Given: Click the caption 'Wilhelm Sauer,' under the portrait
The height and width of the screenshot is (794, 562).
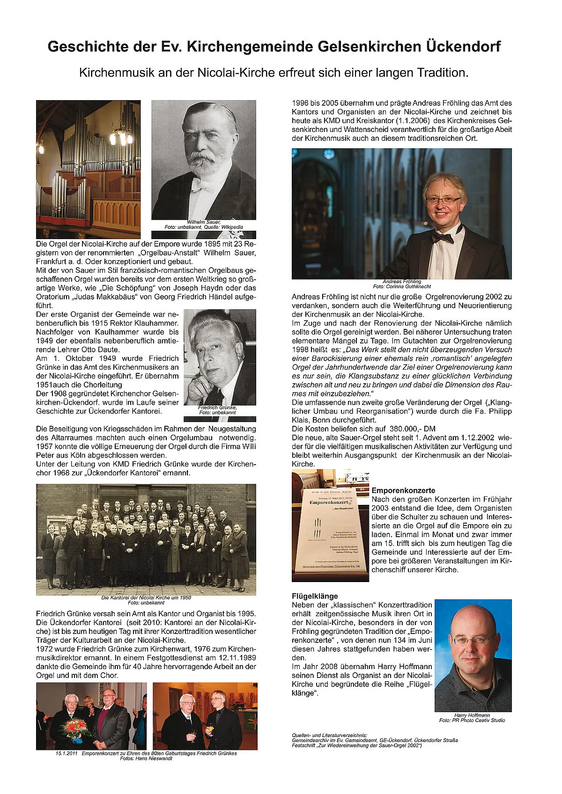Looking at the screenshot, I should click(204, 222).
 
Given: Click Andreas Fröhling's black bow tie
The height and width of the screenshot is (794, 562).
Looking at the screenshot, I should click(443, 237).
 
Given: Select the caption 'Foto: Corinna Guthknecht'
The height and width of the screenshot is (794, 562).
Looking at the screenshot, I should click(402, 286).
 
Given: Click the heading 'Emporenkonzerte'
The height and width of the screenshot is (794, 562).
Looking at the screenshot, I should click(403, 490).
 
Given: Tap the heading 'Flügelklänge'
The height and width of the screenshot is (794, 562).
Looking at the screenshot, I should click(315, 596).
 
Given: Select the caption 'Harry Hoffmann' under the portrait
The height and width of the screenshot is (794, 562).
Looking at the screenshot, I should click(472, 715).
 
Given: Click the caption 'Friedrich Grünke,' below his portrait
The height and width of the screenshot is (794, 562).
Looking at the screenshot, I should click(217, 408).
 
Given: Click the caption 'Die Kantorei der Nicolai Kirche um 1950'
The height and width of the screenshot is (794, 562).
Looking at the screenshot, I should click(146, 597).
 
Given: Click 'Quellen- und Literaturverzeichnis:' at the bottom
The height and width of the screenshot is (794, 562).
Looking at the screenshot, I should click(329, 735).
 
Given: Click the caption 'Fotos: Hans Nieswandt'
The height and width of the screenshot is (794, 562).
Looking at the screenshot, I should click(146, 758).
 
